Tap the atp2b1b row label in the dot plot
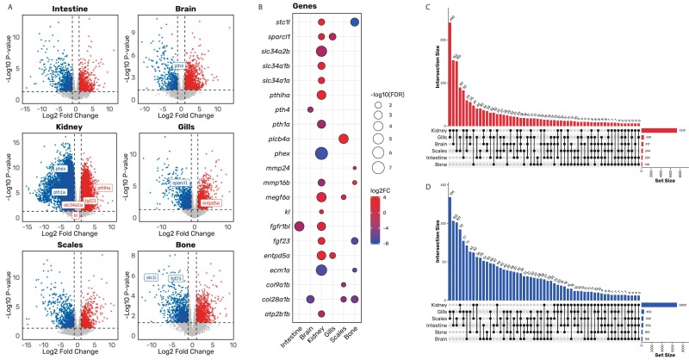coord(274,300)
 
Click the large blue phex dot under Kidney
coord(321,153)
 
